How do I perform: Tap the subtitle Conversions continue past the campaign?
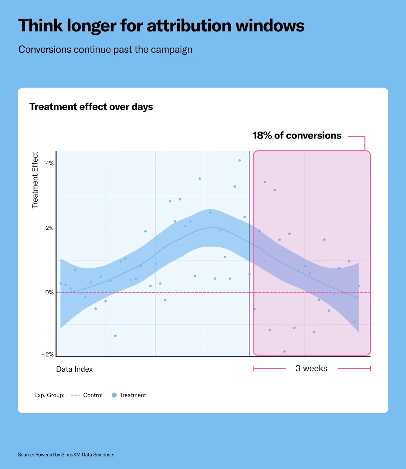pos(105,50)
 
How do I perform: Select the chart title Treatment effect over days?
pos(91,107)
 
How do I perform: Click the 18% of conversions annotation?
pos(297,135)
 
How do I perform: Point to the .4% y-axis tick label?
pos(49,164)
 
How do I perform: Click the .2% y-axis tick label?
pos(49,228)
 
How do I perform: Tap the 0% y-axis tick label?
pos(49,293)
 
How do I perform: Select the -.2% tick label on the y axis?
pos(48,354)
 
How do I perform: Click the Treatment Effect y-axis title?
pos(35,180)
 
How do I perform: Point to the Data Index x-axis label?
pos(74,369)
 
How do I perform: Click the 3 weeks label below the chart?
pos(311,368)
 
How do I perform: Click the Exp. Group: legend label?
pos(49,395)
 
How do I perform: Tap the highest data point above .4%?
pos(240,161)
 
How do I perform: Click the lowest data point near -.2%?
pos(285,351)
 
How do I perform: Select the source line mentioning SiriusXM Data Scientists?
pos(66,454)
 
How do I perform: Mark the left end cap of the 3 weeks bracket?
pos(253,368)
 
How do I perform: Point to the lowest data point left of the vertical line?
pos(115,336)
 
